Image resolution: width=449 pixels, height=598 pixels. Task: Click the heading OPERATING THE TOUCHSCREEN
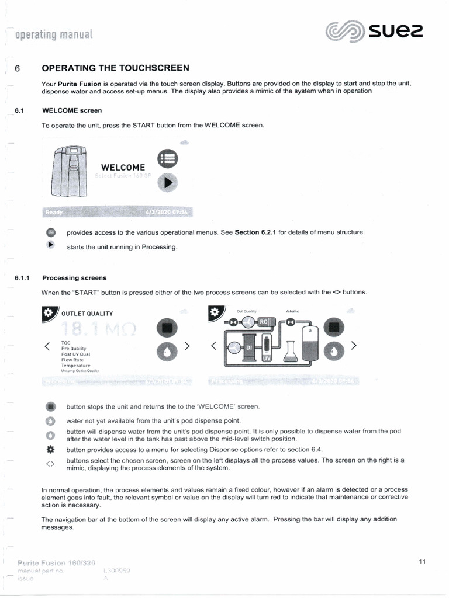[115, 68]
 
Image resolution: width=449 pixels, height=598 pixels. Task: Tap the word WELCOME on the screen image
[123, 168]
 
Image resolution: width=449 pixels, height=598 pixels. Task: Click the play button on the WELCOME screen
[168, 183]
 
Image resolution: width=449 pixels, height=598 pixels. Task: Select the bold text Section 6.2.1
[255, 232]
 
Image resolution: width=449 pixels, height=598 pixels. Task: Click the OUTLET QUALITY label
[87, 314]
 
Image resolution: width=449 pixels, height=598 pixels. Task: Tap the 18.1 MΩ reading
[103, 329]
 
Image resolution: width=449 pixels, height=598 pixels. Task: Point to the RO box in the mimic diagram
[263, 322]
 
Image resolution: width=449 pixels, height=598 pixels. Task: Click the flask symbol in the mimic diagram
[290, 351]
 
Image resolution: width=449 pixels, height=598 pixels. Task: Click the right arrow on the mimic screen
[354, 346]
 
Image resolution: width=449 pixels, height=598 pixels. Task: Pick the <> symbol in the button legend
[50, 464]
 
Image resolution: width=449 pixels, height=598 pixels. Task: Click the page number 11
[422, 562]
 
